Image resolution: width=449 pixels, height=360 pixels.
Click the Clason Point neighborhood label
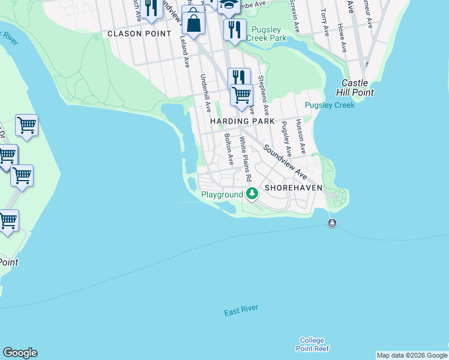coord(139,34)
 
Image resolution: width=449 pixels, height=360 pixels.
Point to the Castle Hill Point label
coord(358,88)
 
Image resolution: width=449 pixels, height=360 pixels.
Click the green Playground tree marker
coord(253,194)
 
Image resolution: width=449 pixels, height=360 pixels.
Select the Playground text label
coord(221,194)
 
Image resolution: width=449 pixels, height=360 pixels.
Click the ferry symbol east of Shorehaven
coord(332,224)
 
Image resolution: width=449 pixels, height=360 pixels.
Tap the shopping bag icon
coord(194,24)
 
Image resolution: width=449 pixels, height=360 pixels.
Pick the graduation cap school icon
coord(228,5)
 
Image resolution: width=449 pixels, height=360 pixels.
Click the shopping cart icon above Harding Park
coord(241,95)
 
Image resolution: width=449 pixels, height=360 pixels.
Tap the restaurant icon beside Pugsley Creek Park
coord(234,29)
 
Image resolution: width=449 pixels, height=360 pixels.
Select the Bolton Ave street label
coord(229,149)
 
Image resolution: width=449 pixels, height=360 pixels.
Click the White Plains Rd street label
coord(245,160)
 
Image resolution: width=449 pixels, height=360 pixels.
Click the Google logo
coord(20,353)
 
